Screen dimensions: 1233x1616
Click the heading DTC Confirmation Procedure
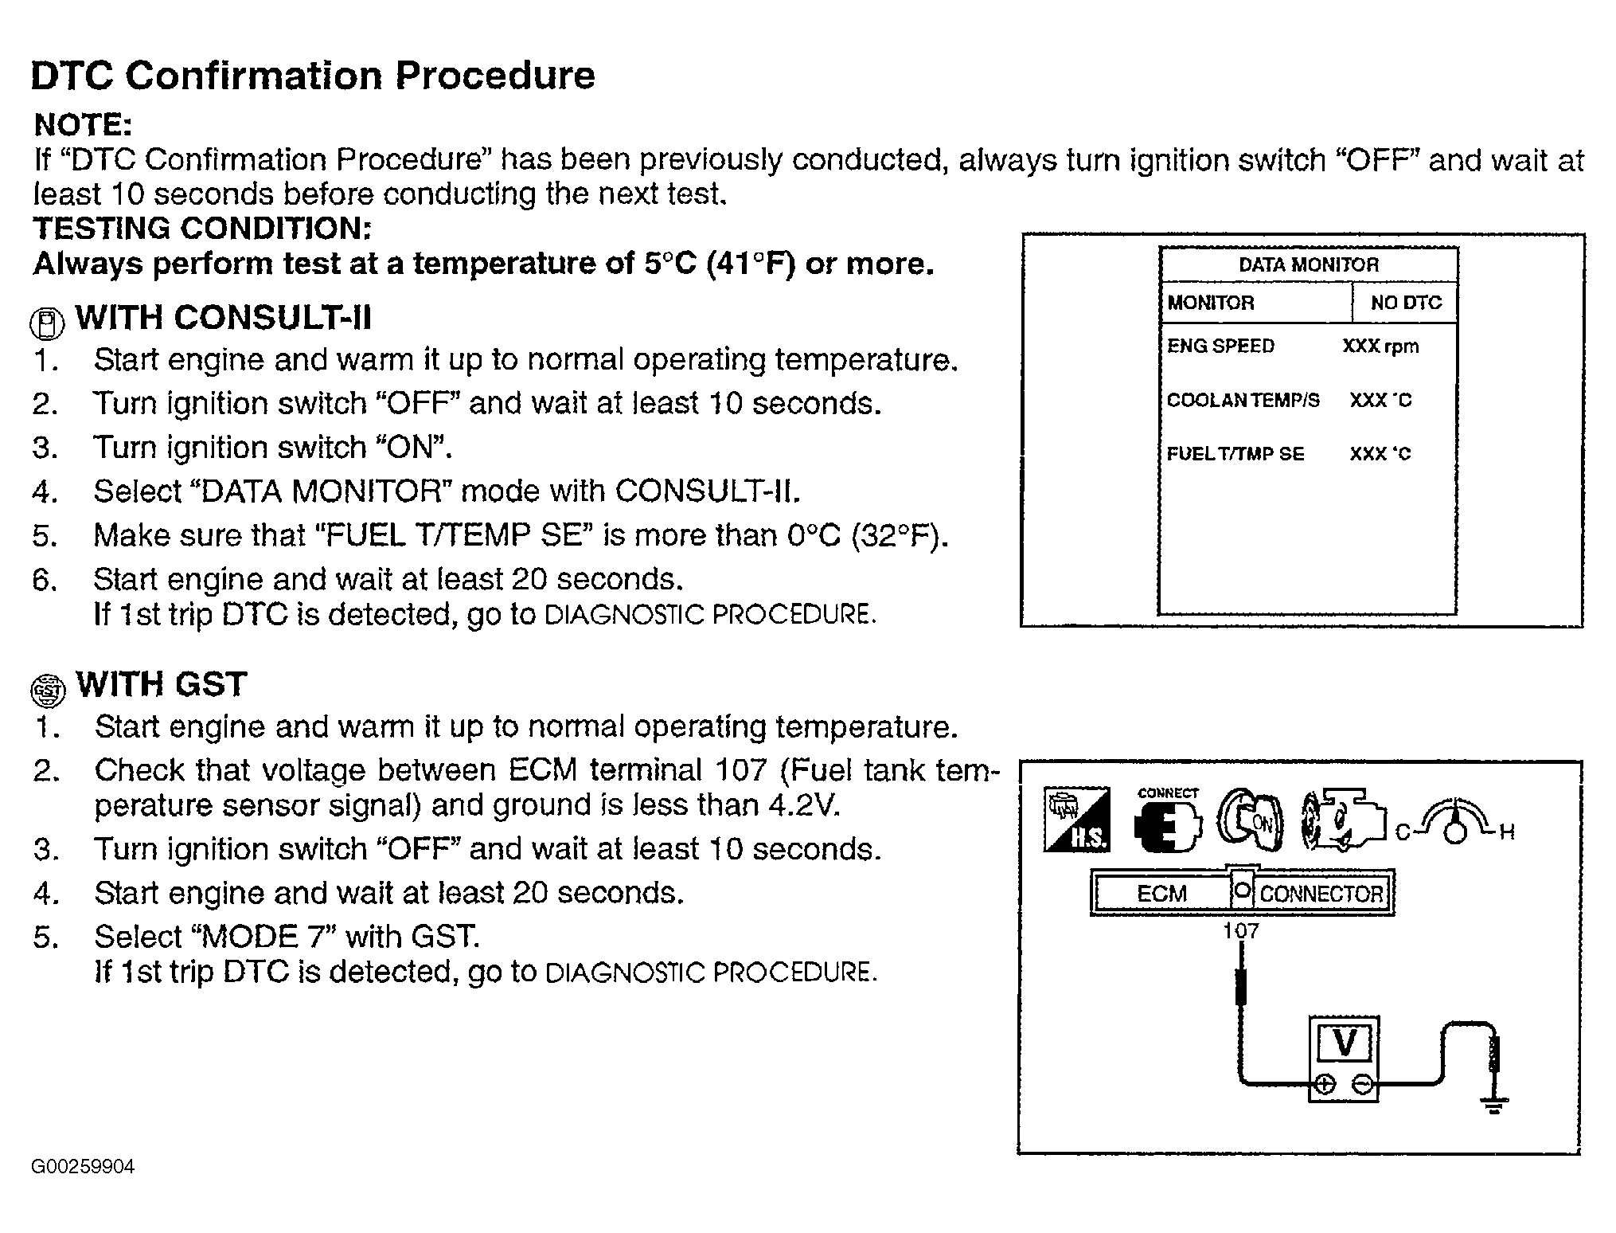313,76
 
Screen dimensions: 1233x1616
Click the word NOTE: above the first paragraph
83,125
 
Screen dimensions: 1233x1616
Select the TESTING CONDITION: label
202,229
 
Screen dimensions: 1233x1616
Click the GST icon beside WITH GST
48,689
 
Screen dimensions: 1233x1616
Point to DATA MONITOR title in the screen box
1308,265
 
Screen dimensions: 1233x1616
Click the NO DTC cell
1406,303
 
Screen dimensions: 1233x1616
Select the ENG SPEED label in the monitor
1220,346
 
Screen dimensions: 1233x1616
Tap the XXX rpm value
1380,346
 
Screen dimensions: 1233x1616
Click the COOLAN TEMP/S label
1243,400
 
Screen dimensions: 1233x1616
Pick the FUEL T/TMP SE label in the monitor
1235,454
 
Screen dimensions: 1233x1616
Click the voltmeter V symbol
1345,1043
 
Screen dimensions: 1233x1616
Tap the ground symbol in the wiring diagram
1493,1105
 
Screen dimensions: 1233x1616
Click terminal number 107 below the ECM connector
1240,930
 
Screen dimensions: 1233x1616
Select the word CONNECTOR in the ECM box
1321,894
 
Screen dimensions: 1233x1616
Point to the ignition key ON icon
1249,821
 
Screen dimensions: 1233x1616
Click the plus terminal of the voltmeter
1324,1084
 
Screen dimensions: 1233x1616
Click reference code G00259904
83,1168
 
